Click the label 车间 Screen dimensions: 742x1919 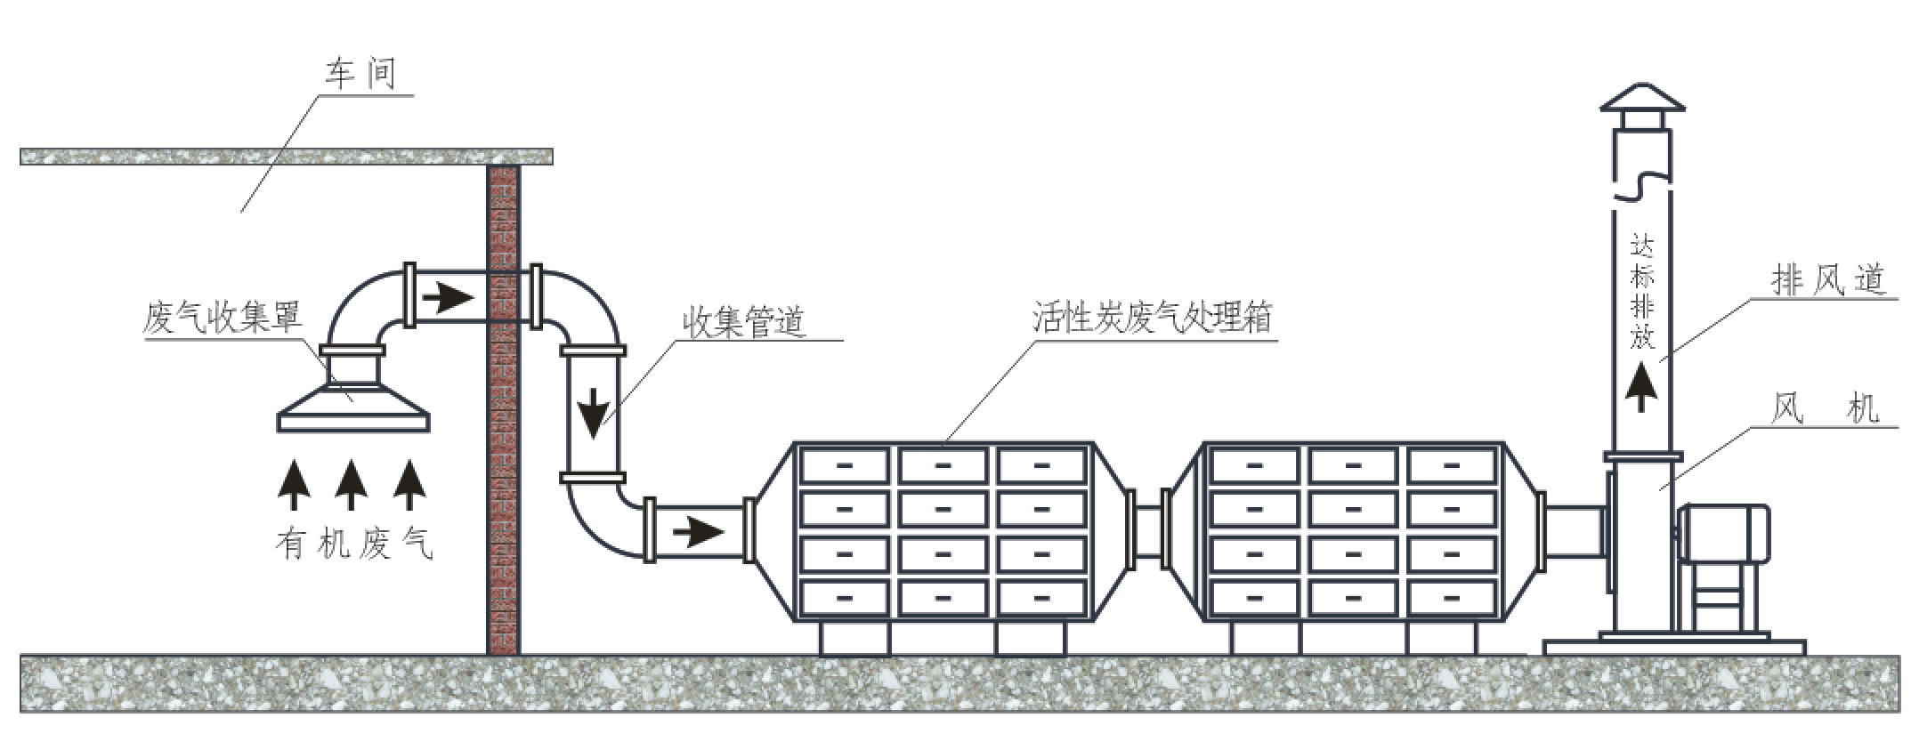point(360,74)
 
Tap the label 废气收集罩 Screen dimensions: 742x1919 point(223,318)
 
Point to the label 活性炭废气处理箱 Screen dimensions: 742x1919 point(1152,318)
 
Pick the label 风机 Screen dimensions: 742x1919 point(1824,409)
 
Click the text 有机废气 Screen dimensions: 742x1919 point(354,543)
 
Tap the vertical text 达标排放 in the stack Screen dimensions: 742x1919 point(1641,291)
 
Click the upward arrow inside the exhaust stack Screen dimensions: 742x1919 point(1641,388)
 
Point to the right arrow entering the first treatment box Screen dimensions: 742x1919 point(698,532)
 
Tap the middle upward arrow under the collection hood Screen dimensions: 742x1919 point(351,483)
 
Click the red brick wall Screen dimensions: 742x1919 point(503,409)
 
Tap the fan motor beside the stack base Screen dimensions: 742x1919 point(1722,534)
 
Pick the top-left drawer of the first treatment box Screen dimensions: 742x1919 point(844,465)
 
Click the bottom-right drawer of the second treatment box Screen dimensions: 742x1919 point(1451,599)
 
